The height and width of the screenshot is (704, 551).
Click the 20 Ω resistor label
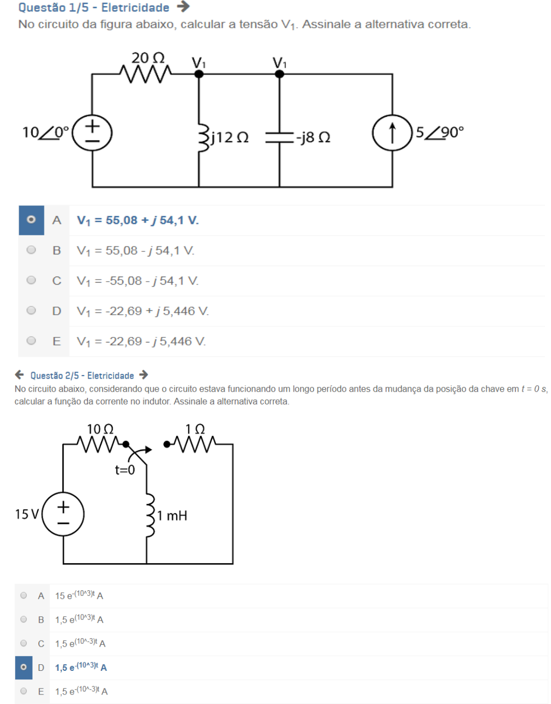(x=148, y=58)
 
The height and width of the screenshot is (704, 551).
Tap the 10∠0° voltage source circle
(x=92, y=133)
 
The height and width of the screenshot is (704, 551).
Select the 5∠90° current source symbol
(x=392, y=133)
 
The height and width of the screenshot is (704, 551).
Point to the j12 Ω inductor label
(x=230, y=137)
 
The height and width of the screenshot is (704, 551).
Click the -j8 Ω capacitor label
(x=313, y=137)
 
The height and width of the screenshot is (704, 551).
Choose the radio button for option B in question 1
(x=31, y=250)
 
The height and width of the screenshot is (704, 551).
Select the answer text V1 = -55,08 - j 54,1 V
(x=137, y=281)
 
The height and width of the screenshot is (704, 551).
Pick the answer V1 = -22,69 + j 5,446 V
(x=142, y=311)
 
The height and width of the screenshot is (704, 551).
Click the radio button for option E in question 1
(x=31, y=341)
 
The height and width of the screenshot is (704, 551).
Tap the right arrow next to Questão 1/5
(x=183, y=7)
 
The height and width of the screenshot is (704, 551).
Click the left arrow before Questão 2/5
(x=20, y=375)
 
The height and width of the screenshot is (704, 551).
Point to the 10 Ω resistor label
(x=100, y=429)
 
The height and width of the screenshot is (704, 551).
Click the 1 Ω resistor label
(x=195, y=429)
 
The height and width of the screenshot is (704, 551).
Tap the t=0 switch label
(x=125, y=470)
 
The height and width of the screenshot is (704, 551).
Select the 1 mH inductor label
(x=172, y=515)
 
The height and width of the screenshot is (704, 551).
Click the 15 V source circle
(x=63, y=514)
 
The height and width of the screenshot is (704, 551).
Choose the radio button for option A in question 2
(x=24, y=595)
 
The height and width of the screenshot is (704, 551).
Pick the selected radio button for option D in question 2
(x=24, y=667)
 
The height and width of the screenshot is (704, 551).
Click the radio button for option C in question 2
(x=24, y=643)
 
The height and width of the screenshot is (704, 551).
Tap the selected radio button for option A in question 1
(x=31, y=220)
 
